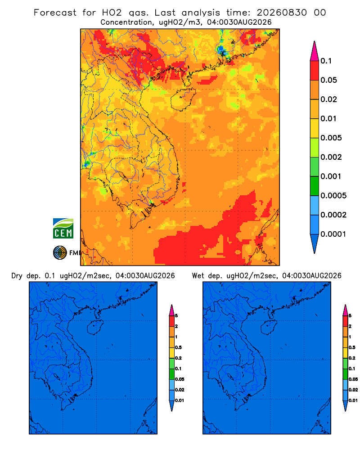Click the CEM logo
[63, 229]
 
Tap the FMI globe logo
[60, 252]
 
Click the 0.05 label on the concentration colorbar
[328, 80]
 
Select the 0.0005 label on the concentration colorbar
[333, 196]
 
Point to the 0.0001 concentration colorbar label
[333, 234]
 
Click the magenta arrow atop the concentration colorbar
[315, 51]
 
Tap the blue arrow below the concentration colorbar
[315, 243]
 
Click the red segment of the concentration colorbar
[315, 70]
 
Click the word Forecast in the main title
[55, 13]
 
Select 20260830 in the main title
[282, 13]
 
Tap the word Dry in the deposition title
[17, 276]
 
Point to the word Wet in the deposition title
[198, 276]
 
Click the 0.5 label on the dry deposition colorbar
[178, 347]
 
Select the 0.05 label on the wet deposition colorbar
[353, 379]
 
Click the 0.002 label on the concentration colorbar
[331, 157]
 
